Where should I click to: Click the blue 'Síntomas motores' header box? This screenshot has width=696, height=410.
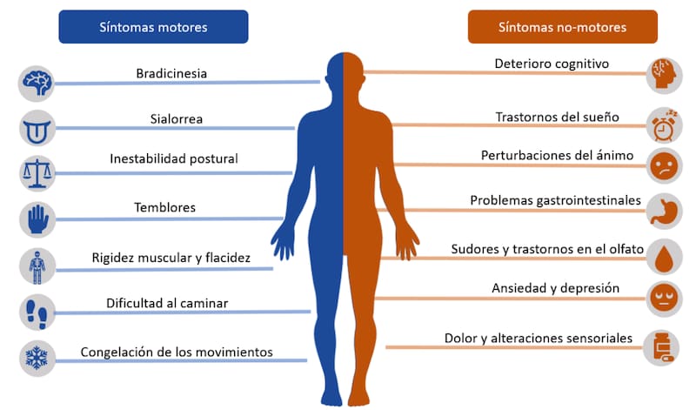point(153,27)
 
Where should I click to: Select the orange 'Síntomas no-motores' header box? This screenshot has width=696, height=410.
point(562,27)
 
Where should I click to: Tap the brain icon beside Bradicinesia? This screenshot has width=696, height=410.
point(37,84)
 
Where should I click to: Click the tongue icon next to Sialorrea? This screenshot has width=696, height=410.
point(37,128)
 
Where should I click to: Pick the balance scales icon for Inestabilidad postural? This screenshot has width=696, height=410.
point(37,172)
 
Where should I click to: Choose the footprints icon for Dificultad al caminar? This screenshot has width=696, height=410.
point(37,311)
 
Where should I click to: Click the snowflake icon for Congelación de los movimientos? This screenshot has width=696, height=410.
point(37,358)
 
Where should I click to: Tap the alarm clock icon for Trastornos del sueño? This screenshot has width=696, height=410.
point(664,124)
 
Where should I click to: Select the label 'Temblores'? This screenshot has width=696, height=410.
point(165,208)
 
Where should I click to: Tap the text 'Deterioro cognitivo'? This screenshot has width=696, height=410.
point(552,64)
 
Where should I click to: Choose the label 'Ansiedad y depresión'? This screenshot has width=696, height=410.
point(544,287)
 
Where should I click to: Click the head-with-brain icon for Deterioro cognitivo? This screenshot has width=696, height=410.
point(664,75)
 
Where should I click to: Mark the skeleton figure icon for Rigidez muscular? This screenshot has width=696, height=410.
point(37,265)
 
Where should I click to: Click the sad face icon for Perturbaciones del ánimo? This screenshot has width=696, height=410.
point(664,165)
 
